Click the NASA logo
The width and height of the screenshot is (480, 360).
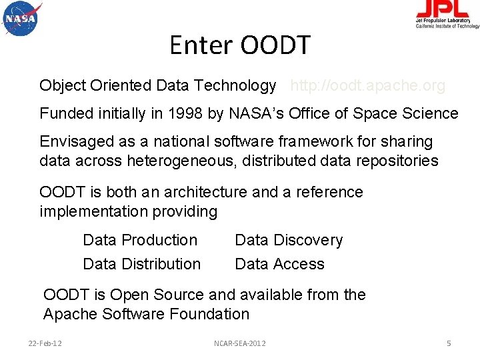coord(21,19)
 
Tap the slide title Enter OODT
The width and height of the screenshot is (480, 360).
coord(240,45)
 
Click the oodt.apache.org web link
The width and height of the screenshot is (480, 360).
coord(367,85)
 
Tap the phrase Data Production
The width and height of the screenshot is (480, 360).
coord(140,240)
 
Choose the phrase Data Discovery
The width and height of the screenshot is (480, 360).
coord(289,240)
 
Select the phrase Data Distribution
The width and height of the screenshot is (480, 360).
coord(141,264)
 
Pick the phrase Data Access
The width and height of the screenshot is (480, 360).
coord(279,264)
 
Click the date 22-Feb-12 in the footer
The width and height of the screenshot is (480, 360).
coord(45,343)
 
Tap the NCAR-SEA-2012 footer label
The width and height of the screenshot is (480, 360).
coord(239,343)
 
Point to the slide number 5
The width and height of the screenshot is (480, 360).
coord(449,343)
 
